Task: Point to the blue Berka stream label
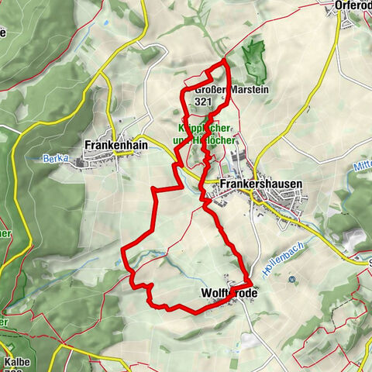pyautogui.click(x=56, y=158)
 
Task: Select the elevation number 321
pyautogui.click(x=204, y=101)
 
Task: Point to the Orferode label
pyautogui.click(x=353, y=5)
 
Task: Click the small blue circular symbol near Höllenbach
pyautogui.click(x=291, y=279)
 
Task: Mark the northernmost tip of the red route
pyautogui.click(x=224, y=60)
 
